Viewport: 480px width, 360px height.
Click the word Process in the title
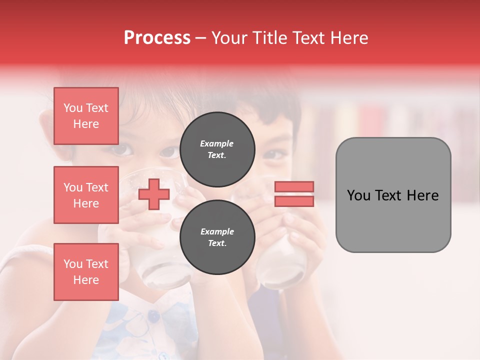[x=157, y=38]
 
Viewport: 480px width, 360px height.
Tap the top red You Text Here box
[x=86, y=116]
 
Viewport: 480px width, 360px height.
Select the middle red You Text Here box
[x=86, y=195]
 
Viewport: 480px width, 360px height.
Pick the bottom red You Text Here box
[x=86, y=272]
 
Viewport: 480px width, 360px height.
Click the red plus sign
[x=154, y=194]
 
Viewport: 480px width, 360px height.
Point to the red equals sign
[x=294, y=194]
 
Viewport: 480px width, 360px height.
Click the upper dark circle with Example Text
[x=217, y=149]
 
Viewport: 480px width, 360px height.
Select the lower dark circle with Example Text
[x=217, y=237]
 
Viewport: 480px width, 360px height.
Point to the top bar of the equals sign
[x=294, y=187]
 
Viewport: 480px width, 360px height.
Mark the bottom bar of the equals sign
[x=294, y=201]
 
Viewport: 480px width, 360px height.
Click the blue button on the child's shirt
[x=154, y=316]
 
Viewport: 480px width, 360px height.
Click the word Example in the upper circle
[x=217, y=143]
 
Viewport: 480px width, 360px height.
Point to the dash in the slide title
[x=200, y=38]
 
